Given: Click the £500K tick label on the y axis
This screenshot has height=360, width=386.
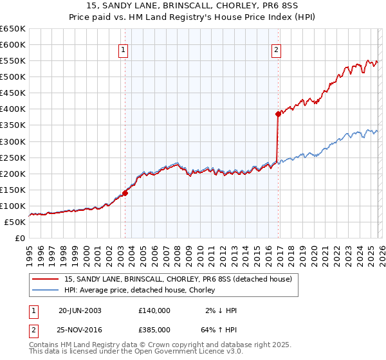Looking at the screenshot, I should pos(13,77).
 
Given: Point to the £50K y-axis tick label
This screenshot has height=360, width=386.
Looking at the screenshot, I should pos(15,222).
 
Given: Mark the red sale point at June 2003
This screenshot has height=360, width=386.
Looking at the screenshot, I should pos(125,192).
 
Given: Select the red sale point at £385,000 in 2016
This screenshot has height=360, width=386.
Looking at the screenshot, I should pos(278,114).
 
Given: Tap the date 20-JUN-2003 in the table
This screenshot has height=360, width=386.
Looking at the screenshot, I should pos(80,310).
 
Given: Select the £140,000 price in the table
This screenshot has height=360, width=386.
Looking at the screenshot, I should pos(154,310).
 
